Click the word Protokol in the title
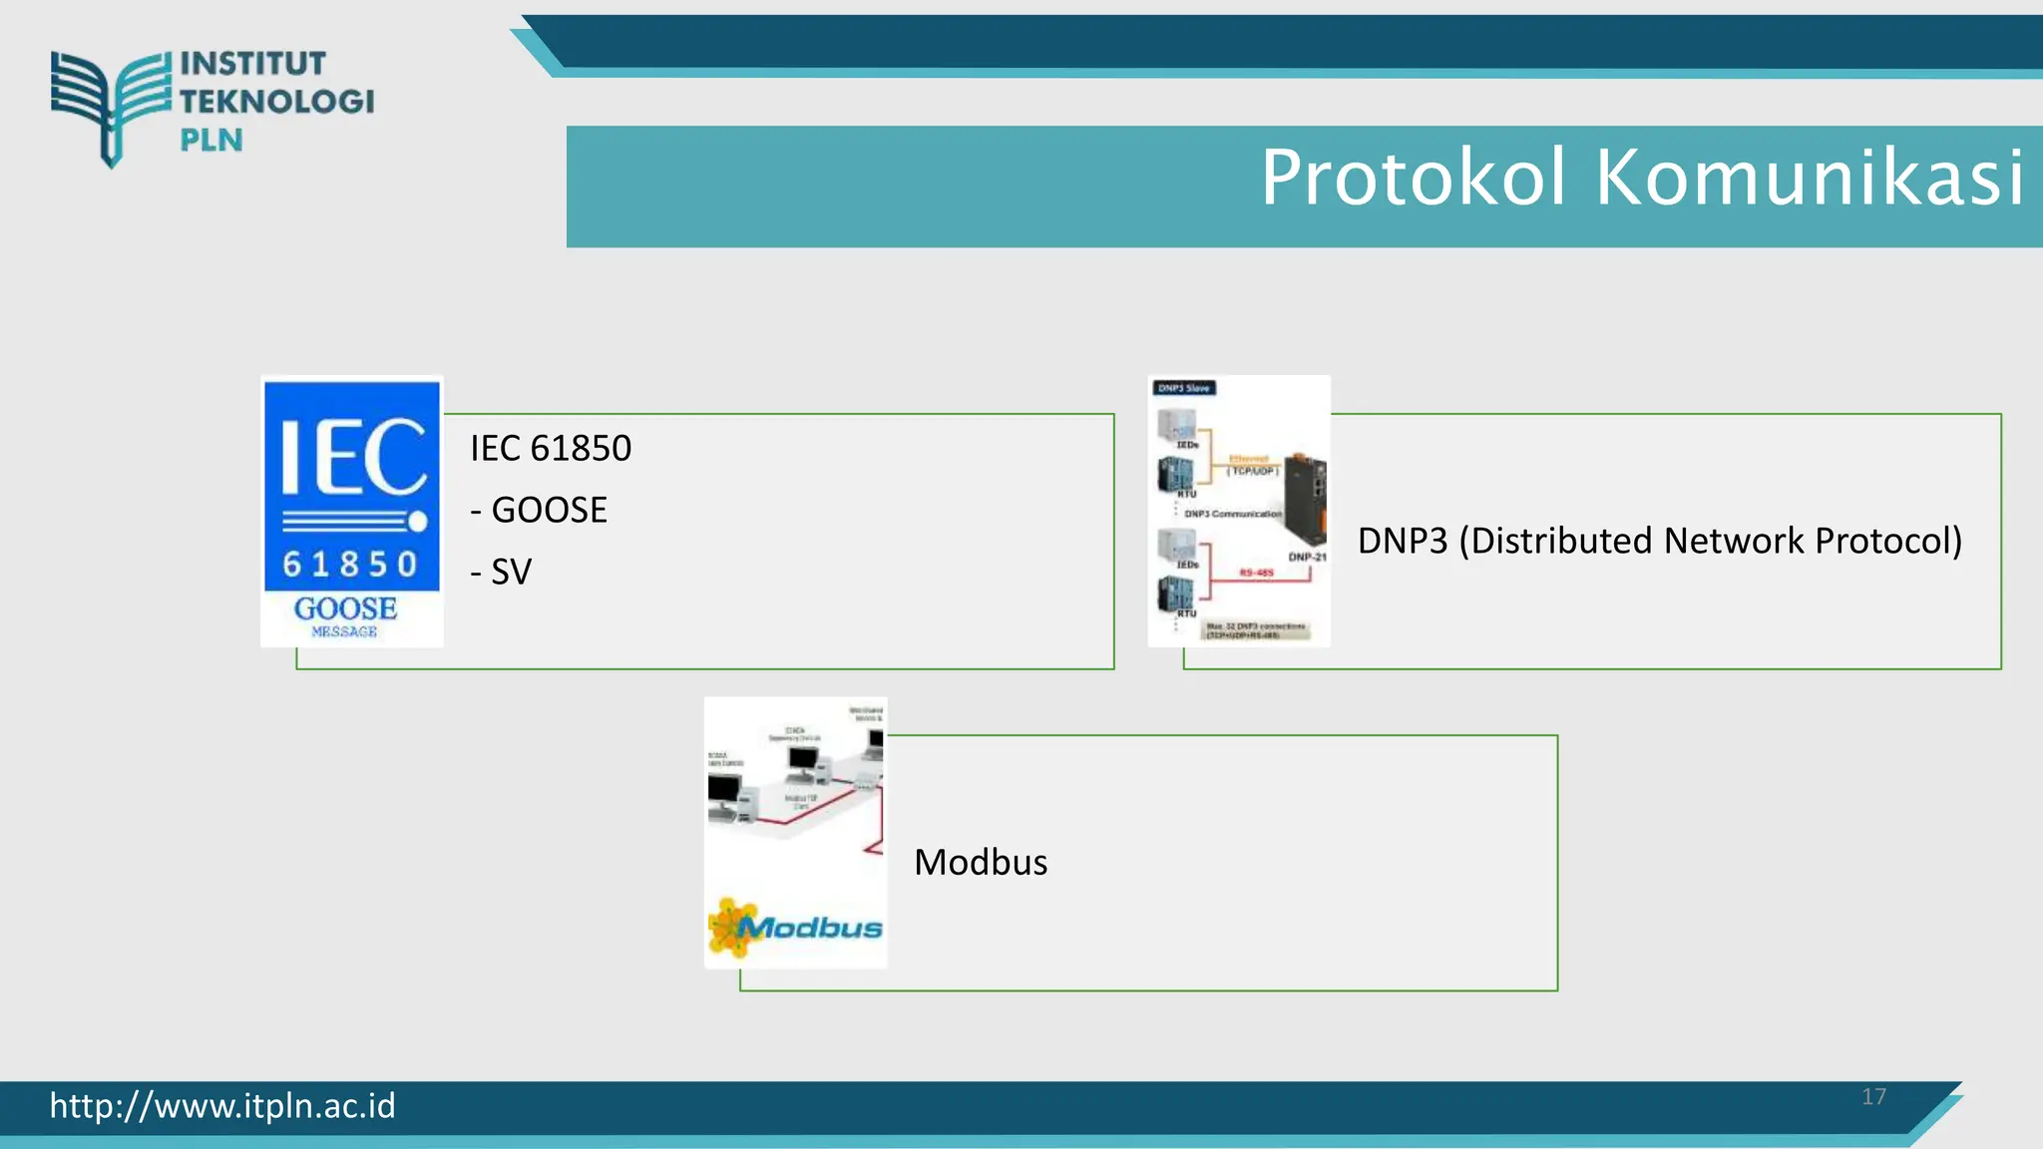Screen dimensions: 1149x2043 pos(1414,178)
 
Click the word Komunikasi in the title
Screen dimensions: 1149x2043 pos(1810,178)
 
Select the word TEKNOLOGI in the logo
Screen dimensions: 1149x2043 pos(277,102)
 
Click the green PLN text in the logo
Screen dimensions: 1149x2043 pos(211,141)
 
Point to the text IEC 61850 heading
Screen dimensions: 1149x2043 pos(551,449)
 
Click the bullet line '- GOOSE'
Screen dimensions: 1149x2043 pos(539,511)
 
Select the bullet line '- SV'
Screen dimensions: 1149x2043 pos(502,573)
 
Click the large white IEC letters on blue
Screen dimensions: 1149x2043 pos(352,457)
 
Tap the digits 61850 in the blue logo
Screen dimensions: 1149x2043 pos(350,565)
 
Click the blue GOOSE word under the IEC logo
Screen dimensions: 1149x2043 pos(345,608)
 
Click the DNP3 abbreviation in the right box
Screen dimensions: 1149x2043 pos(1402,541)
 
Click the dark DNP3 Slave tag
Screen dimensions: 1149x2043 pos(1184,388)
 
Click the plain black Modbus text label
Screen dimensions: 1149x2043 pos(981,863)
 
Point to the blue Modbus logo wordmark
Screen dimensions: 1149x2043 pos(811,929)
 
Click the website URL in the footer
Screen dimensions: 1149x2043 pos(222,1106)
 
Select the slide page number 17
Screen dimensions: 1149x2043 pos(1873,1097)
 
